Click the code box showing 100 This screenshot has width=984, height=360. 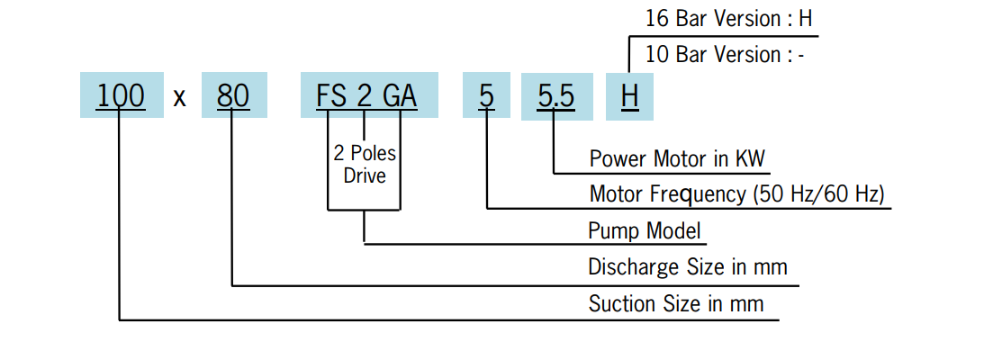click(122, 95)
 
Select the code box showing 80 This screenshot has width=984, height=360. click(234, 95)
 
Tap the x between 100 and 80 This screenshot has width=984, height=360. click(179, 97)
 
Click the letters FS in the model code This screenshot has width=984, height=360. click(331, 95)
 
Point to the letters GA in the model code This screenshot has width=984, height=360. click(400, 95)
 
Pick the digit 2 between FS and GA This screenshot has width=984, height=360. click(365, 95)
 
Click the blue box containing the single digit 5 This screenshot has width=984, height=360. click(486, 95)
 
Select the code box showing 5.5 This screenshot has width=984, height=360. click(555, 95)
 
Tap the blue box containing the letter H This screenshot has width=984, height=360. click(629, 95)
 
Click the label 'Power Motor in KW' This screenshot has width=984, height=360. click(677, 159)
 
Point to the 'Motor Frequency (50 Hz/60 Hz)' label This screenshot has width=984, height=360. click(736, 193)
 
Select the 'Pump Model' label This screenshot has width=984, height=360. click(644, 230)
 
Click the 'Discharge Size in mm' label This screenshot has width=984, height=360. click(688, 266)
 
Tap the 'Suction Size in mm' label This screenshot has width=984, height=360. click(676, 303)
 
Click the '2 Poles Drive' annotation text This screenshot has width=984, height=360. click(365, 163)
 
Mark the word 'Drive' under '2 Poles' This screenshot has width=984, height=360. click(365, 175)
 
